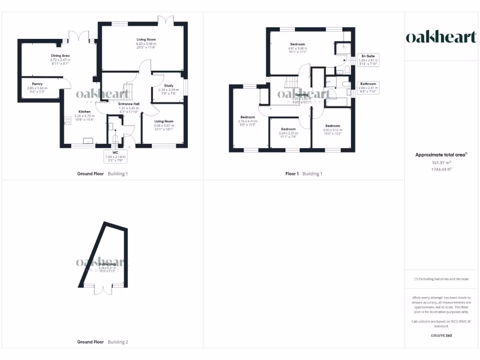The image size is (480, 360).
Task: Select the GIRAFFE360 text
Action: click(x=442, y=336)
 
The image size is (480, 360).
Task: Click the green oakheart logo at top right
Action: click(x=441, y=37)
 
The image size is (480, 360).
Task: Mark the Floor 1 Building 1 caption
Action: click(x=304, y=174)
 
